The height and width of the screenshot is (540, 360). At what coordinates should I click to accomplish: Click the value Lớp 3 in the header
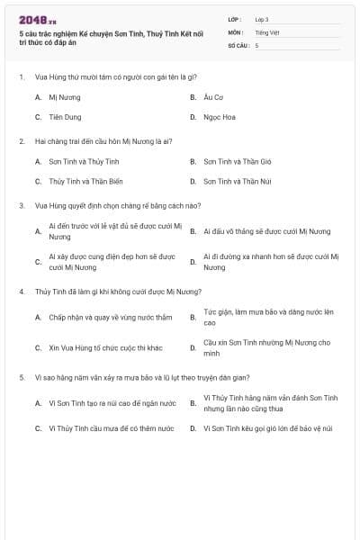262,19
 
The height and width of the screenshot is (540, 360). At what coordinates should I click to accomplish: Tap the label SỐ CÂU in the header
238,44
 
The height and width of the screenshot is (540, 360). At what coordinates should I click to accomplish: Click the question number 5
22,377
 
